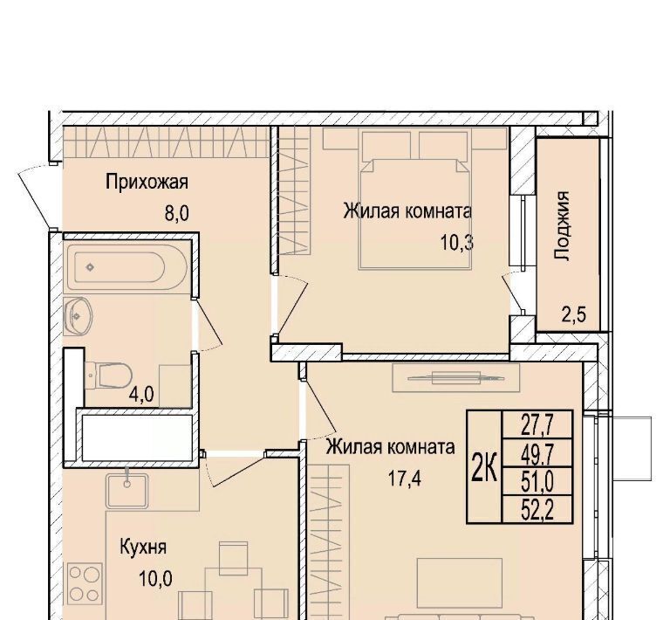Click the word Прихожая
[x=147, y=183]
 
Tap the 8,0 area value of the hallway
[x=177, y=213]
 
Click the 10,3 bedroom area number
[x=457, y=243]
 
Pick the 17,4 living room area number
[x=405, y=479]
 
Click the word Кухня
[x=143, y=548]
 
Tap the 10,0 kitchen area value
[x=155, y=579]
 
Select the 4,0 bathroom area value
[x=141, y=395]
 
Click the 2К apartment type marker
[x=484, y=467]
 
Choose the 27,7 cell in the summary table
[x=537, y=424]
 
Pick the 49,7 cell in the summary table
[x=537, y=453]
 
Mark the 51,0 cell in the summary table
[x=537, y=481]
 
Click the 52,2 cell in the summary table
[x=537, y=509]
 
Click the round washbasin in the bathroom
[x=77, y=316]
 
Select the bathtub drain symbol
[x=90, y=268]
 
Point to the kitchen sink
[x=127, y=491]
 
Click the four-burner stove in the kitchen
[x=85, y=583]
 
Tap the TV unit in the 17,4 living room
[x=456, y=377]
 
